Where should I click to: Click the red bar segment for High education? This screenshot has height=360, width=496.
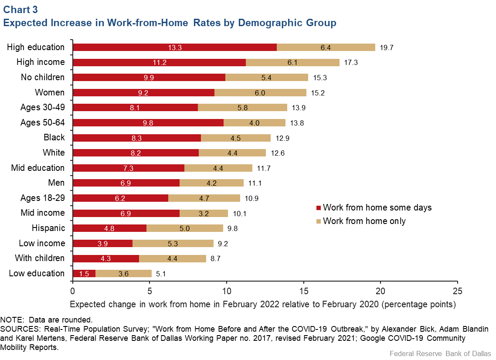pyautogui.click(x=174, y=48)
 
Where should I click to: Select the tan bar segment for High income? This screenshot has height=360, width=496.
pyautogui.click(x=292, y=62)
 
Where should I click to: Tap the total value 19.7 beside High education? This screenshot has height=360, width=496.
pyautogui.click(x=387, y=48)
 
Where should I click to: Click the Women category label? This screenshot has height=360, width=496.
pyautogui.click(x=50, y=92)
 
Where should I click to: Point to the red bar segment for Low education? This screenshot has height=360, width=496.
pyautogui.click(x=84, y=273)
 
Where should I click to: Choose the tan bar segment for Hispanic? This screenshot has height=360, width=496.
pyautogui.click(x=185, y=228)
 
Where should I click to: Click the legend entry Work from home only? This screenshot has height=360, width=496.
pyautogui.click(x=364, y=221)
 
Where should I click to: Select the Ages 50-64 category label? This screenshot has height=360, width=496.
pyautogui.click(x=42, y=122)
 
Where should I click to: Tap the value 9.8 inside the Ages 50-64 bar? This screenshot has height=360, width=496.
pyautogui.click(x=148, y=123)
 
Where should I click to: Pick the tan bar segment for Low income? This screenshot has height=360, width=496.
pyautogui.click(x=173, y=243)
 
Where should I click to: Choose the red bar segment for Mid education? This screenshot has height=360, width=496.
pyautogui.click(x=128, y=168)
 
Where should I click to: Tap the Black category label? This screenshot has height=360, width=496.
pyautogui.click(x=54, y=137)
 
